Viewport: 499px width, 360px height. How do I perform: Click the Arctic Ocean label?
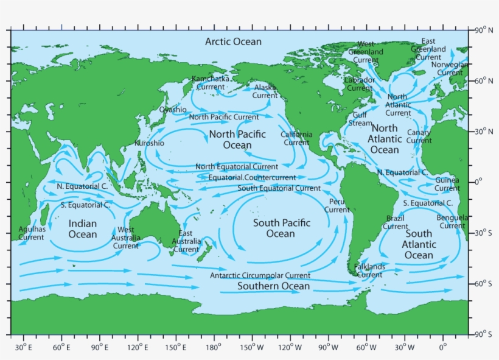point(233,41)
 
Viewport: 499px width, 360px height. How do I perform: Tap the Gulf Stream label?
point(360,119)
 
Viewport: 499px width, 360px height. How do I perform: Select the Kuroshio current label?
point(149,143)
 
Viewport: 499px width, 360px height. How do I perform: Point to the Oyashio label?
point(173,110)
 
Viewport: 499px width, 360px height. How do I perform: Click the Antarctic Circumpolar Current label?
point(260,275)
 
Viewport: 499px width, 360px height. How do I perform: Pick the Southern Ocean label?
point(273,286)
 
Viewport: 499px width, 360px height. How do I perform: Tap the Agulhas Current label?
point(31,233)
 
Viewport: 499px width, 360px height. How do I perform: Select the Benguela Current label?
point(452,222)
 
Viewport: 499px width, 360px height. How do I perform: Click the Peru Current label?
point(337,205)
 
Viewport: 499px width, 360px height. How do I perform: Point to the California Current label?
point(296,138)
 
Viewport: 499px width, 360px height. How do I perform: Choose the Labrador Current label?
point(360,84)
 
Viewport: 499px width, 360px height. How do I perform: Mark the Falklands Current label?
point(369,270)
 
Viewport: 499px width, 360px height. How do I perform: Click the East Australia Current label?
point(186,241)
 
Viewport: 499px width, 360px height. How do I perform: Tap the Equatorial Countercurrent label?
point(252,177)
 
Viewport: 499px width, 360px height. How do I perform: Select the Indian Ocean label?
point(82,229)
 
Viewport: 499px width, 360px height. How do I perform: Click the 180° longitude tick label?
point(214,347)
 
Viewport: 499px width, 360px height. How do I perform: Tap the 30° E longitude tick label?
point(24,347)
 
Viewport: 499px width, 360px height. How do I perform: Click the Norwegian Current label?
point(450,68)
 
